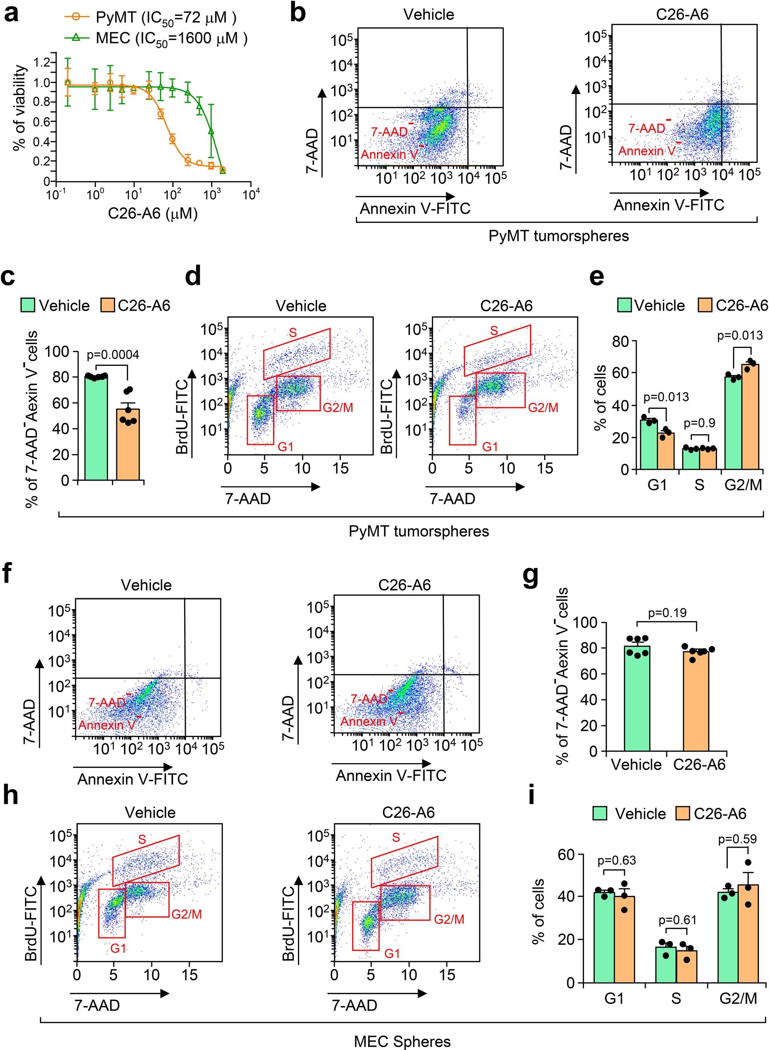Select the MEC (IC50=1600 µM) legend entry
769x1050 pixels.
[156, 38]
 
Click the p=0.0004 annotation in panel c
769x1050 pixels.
[113, 354]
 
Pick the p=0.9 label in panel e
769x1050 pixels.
[700, 423]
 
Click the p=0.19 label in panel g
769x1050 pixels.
[667, 613]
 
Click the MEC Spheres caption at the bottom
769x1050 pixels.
[402, 1041]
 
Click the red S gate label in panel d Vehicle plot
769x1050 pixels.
[293, 333]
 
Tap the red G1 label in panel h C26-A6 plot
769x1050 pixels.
[392, 954]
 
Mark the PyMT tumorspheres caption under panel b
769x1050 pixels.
[558, 236]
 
